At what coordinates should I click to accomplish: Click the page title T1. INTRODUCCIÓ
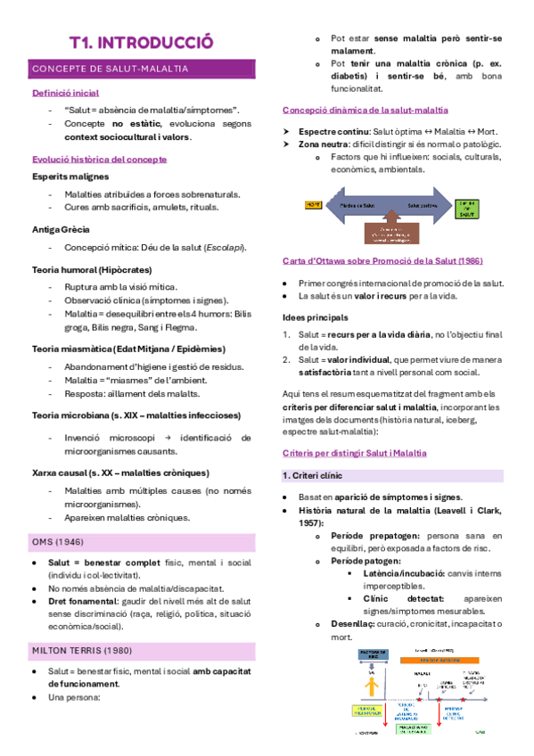[142, 42]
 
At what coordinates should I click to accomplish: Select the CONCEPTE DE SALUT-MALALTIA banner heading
[110, 68]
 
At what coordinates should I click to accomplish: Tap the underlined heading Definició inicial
[65, 93]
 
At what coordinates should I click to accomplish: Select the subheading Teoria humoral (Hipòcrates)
[92, 269]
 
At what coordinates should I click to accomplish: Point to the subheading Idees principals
[315, 317]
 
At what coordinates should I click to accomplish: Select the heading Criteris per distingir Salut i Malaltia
[355, 454]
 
